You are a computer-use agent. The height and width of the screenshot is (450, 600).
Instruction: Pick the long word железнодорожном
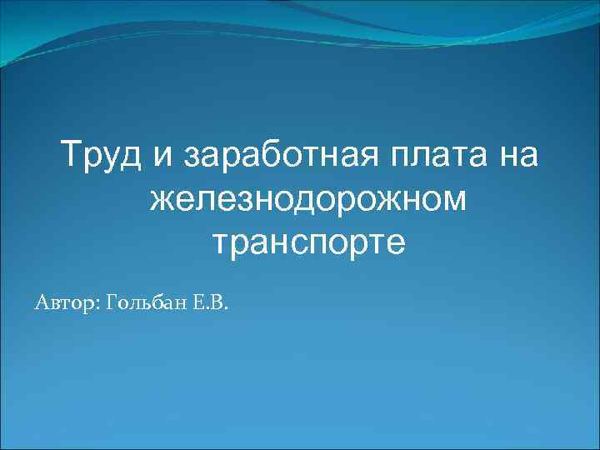pyautogui.click(x=308, y=201)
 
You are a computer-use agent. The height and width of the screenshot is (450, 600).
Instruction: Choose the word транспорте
pyautogui.click(x=308, y=243)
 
